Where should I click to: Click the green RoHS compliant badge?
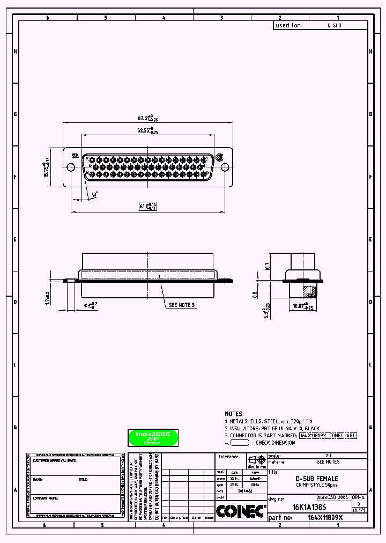(153, 437)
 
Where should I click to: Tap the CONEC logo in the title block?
(241, 511)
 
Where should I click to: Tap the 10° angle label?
(95, 194)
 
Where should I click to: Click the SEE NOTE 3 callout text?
(182, 305)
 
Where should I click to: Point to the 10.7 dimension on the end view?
(266, 266)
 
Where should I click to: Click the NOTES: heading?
(234, 414)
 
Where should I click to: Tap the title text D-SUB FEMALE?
(317, 478)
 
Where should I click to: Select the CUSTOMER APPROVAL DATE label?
(55, 460)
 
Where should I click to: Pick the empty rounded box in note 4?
(239, 443)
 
